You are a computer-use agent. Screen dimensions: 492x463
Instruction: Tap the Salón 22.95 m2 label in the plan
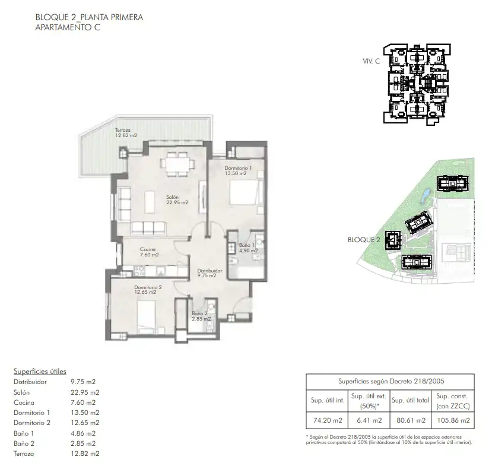click(177, 200)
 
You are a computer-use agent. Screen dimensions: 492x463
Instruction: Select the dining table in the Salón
click(177, 164)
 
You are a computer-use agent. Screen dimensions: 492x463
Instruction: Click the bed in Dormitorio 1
click(246, 193)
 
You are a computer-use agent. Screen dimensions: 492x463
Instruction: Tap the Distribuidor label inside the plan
click(210, 273)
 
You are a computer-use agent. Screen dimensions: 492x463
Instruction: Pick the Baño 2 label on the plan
click(201, 316)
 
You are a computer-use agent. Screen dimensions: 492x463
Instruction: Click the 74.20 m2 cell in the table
click(328, 420)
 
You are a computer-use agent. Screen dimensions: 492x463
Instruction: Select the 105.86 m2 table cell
click(453, 420)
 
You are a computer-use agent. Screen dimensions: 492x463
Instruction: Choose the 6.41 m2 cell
click(369, 420)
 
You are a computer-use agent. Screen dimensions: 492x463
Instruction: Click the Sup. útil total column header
click(411, 401)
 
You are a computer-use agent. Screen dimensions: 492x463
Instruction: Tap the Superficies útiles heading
click(40, 372)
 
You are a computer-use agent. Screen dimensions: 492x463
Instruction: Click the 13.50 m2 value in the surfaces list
click(85, 413)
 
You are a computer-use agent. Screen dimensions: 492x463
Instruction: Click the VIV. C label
click(371, 61)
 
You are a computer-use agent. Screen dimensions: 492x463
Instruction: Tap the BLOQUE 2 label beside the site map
click(364, 240)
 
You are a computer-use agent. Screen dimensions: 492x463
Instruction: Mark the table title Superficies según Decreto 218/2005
click(391, 382)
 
